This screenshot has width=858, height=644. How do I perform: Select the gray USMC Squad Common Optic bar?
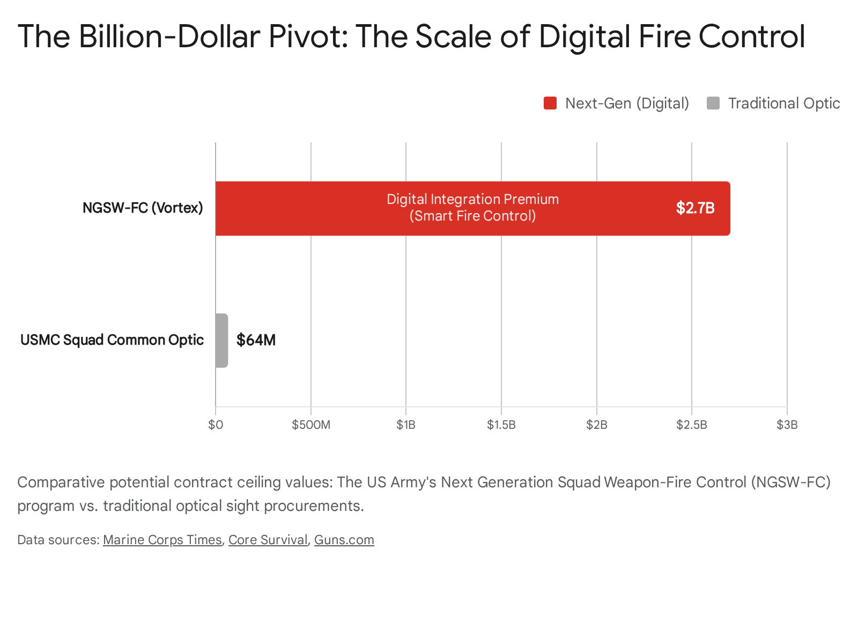(221, 340)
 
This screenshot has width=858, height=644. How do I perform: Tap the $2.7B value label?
(695, 208)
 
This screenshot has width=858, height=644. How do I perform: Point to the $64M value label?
(256, 340)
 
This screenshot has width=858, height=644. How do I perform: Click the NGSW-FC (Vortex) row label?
(143, 208)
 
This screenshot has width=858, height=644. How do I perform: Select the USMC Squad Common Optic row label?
(112, 340)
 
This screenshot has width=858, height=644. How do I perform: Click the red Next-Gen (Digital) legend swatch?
(550, 103)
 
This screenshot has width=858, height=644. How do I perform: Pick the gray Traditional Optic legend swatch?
(713, 103)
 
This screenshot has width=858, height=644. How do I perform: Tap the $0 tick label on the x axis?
(216, 425)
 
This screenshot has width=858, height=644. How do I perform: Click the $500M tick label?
(311, 425)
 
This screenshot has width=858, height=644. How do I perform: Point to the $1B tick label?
(406, 425)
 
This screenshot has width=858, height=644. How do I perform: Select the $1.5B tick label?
(501, 425)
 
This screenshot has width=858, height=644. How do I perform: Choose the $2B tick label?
(596, 425)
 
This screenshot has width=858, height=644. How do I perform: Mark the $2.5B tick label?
(692, 425)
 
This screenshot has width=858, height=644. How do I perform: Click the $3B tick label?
(787, 425)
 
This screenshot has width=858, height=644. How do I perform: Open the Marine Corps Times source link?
(162, 540)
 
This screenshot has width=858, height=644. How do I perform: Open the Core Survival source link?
(268, 540)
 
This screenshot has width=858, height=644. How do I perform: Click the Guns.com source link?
(344, 540)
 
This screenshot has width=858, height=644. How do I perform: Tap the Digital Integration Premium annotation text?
(472, 200)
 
